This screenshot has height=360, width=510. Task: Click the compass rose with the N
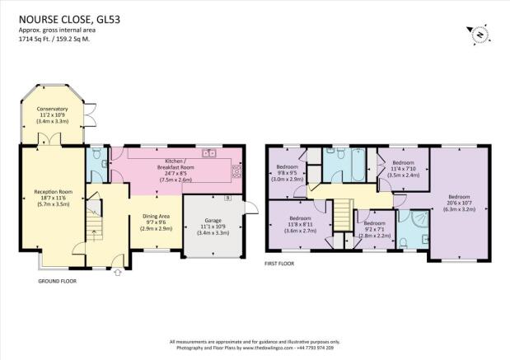tap(479, 34)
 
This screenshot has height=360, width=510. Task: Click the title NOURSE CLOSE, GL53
tap(69, 20)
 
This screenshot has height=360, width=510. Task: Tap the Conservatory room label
tap(52, 115)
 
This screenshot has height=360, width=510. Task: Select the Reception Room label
tap(53, 198)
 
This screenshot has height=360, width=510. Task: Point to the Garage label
tap(213, 227)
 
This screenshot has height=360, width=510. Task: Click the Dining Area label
tap(156, 222)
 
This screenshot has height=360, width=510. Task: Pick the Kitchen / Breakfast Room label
tap(175, 170)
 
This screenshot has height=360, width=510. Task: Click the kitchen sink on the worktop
tap(209, 153)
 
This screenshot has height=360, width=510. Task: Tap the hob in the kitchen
tap(237, 171)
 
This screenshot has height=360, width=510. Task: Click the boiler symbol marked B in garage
tap(228, 198)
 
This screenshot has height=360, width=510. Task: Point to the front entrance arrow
tap(118, 272)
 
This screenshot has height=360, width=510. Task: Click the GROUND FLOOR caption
tap(57, 281)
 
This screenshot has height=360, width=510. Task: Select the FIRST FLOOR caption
tap(279, 264)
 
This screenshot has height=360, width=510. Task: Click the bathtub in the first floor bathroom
tap(358, 165)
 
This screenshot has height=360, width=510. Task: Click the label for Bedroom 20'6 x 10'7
tap(459, 203)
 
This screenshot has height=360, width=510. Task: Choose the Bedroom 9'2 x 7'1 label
tap(374, 230)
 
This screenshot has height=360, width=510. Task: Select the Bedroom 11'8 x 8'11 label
tap(300, 224)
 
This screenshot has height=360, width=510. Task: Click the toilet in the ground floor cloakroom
tap(96, 153)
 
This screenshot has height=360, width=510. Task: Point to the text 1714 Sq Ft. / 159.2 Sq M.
tap(54, 40)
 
